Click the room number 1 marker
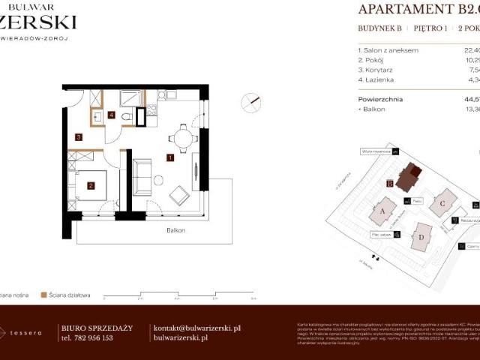pyautogui.click(x=171, y=157)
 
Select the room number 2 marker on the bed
pyautogui.click(x=90, y=186)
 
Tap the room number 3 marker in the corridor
pyautogui.click(x=78, y=137)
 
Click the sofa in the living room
pyautogui.click(x=142, y=177)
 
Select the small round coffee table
pyautogui.click(x=159, y=178)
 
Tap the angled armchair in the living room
pyautogui.click(x=180, y=196)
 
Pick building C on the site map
pyautogui.click(x=443, y=202)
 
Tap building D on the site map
pyautogui.click(x=421, y=238)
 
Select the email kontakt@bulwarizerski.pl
pyautogui.click(x=196, y=328)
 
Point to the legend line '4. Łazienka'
pyautogui.click(x=377, y=79)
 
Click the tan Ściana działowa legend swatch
pyautogui.click(x=44, y=295)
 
